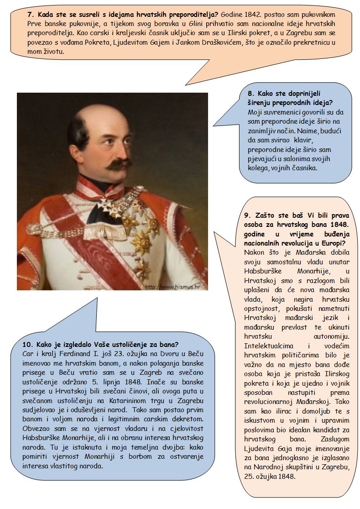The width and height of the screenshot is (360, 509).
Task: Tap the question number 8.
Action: [244, 93]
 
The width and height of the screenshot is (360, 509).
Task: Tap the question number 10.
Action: [27, 344]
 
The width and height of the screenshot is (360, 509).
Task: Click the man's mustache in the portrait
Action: [111, 163]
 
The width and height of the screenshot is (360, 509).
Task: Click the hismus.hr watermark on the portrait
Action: [175, 287]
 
